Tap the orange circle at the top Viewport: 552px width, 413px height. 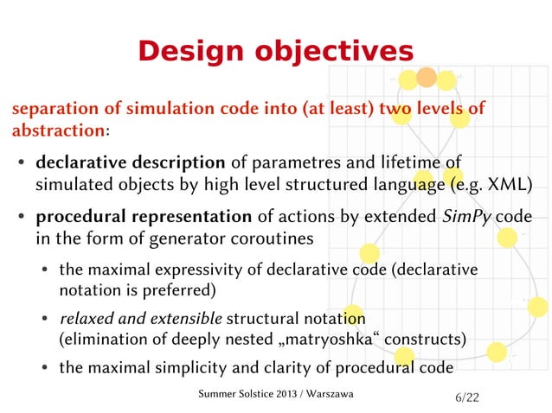427,78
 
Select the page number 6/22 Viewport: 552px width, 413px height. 465,397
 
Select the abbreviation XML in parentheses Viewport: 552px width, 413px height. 505,184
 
